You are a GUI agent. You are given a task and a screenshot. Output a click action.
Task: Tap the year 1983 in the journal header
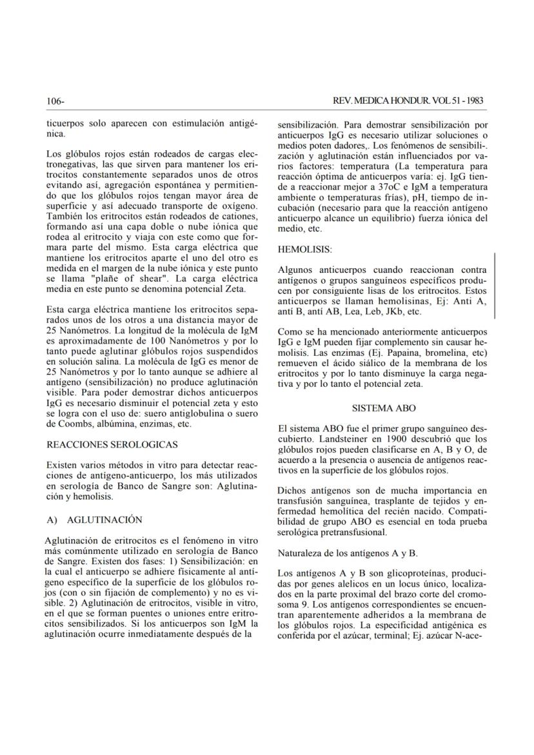click(x=472, y=101)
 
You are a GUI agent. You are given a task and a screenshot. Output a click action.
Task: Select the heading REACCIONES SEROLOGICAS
click(x=113, y=444)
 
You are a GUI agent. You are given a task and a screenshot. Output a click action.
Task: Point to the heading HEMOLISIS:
click(x=304, y=248)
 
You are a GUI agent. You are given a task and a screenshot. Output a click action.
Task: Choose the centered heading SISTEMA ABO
click(x=384, y=408)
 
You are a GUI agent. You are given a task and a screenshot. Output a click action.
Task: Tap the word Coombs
click(x=68, y=425)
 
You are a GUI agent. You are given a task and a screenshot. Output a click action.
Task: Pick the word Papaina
click(x=399, y=353)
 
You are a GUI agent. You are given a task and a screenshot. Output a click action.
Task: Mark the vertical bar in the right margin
click(x=495, y=286)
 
